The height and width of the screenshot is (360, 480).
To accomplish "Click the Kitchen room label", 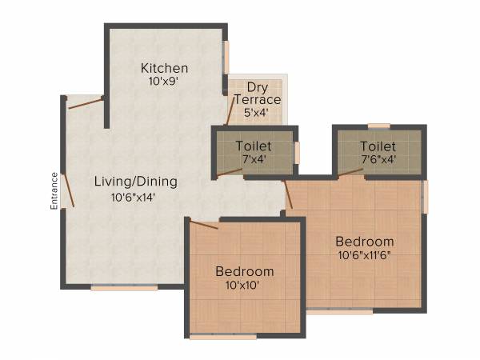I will [165, 68].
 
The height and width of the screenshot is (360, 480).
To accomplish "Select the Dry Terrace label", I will [257, 93].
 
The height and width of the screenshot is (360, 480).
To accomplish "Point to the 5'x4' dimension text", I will [256, 113].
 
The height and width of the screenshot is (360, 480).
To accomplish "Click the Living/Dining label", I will [136, 182].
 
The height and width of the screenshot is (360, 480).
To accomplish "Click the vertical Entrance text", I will [54, 191].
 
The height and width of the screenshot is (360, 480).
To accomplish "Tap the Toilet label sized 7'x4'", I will [254, 146].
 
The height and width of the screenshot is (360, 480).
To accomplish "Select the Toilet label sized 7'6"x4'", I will [378, 146].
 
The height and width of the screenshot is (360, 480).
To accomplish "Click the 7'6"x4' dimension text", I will [378, 159].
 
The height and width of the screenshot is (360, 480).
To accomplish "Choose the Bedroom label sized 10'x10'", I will [245, 271].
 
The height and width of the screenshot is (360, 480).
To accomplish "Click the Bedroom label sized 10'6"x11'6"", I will [364, 242].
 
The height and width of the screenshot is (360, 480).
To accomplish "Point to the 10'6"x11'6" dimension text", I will [364, 255].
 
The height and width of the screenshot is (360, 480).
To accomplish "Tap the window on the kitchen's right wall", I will [226, 57].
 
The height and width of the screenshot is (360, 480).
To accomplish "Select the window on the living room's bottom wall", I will [124, 288].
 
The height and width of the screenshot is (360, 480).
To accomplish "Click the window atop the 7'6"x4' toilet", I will [378, 126].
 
